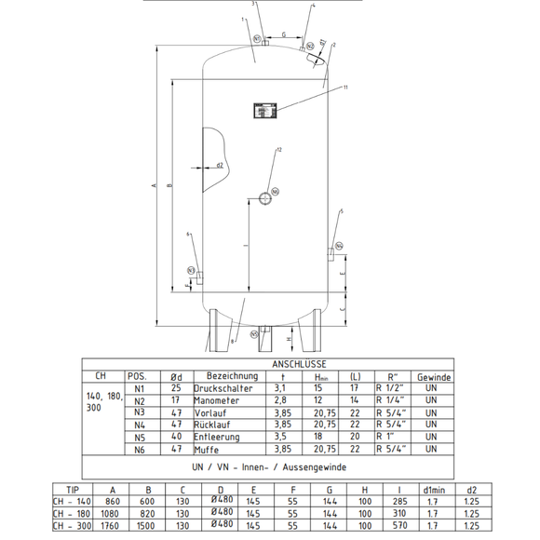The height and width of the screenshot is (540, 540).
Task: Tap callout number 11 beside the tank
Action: tap(344, 88)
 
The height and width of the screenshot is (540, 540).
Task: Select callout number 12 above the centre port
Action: tap(278, 150)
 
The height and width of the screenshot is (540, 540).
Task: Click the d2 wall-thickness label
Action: tap(219, 166)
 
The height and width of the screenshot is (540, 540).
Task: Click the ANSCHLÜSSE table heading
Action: tap(295, 365)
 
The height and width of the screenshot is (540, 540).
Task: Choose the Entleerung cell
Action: tap(217, 437)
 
